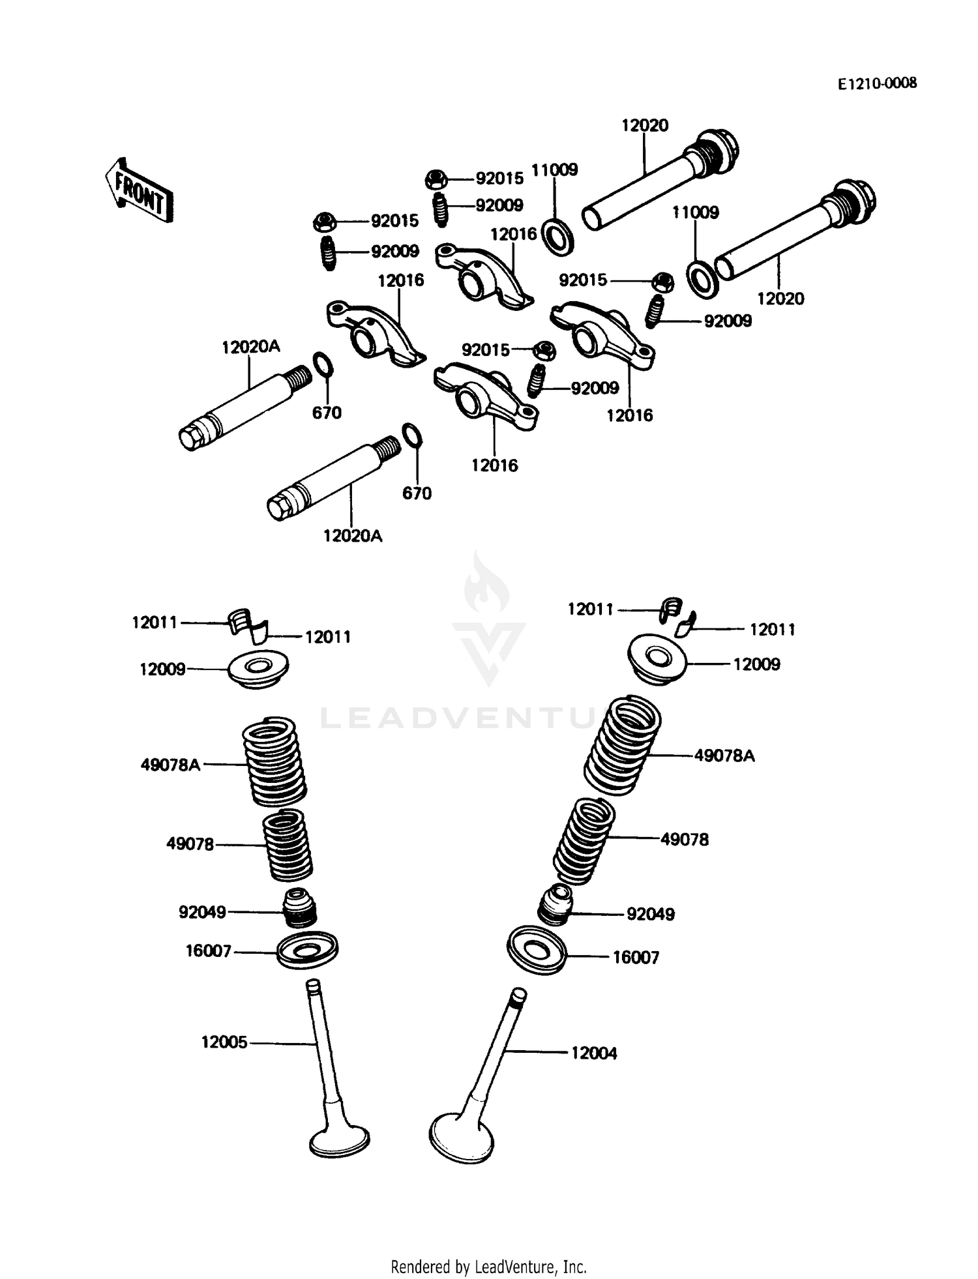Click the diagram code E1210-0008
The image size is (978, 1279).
[x=877, y=83]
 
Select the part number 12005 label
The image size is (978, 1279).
[x=224, y=1042]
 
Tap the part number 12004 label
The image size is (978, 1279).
[x=593, y=1053]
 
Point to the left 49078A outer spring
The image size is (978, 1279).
[x=274, y=761]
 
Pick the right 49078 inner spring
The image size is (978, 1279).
[x=583, y=841]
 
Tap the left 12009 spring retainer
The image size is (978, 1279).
[x=258, y=669]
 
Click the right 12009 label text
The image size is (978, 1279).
[x=756, y=664]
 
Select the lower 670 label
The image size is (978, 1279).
[x=417, y=493]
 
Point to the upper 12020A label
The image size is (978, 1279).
[x=250, y=347]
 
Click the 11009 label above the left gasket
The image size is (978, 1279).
[x=554, y=170]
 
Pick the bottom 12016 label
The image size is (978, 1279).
[x=494, y=465]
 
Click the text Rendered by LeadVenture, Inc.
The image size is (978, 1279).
[x=488, y=1267]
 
